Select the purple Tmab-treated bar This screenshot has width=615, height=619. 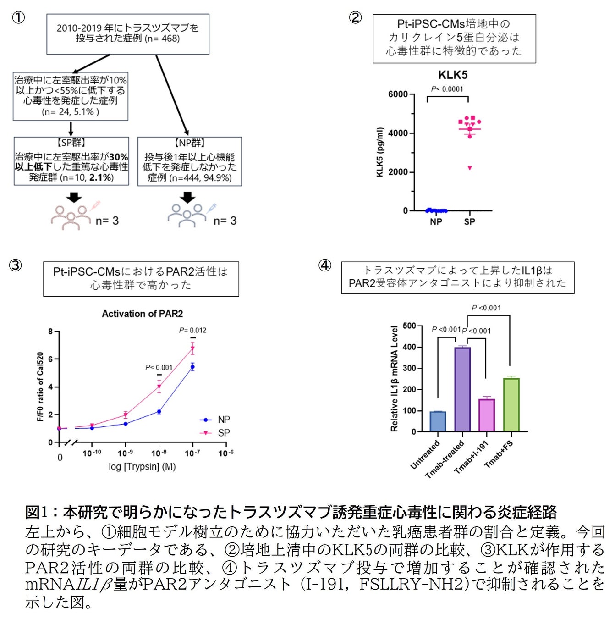tap(462, 389)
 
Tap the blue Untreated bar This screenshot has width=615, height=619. tap(438, 421)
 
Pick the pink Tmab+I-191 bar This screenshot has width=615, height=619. tap(487, 415)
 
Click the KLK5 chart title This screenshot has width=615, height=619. tap(453, 75)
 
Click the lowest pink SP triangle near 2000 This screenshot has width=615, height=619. tap(470, 168)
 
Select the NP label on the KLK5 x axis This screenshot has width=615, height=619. tap(436, 222)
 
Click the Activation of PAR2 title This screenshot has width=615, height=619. tap(142, 314)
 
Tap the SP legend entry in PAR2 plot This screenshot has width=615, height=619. tap(224, 433)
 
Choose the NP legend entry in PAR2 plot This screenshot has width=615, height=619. tap(224, 420)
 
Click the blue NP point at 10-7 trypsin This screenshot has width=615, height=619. tap(192, 366)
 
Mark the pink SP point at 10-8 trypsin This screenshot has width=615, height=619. tap(159, 387)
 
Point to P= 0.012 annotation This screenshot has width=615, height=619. tap(192, 330)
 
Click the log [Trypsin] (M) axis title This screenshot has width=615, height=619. tap(142, 467)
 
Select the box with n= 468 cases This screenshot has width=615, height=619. tap(128, 33)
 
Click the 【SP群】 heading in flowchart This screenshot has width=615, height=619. tap(71, 143)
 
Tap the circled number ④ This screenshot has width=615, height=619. tap(324, 265)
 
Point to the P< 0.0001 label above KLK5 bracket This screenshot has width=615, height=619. tap(447, 89)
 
